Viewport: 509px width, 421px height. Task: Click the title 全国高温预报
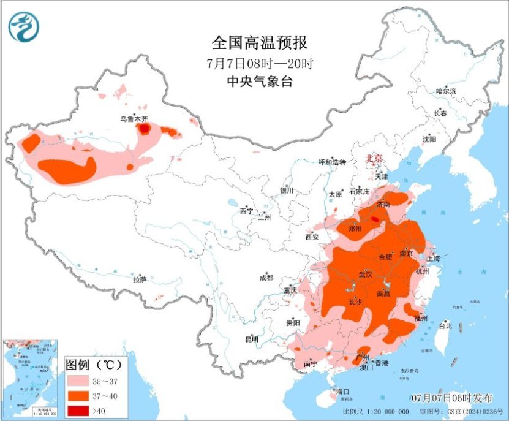[259, 43]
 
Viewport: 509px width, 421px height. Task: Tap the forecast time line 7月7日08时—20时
[259, 63]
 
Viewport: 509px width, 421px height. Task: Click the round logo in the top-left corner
[23, 26]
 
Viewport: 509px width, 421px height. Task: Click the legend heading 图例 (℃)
[94, 364]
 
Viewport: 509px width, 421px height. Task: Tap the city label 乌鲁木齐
[134, 119]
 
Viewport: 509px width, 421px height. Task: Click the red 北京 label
[374, 159]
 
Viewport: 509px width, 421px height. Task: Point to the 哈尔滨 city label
[446, 91]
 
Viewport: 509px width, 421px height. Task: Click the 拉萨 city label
[140, 279]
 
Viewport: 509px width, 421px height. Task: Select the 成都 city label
[266, 278]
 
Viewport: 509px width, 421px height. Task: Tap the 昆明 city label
[252, 339]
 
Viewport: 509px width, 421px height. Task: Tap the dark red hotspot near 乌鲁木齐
[143, 129]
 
